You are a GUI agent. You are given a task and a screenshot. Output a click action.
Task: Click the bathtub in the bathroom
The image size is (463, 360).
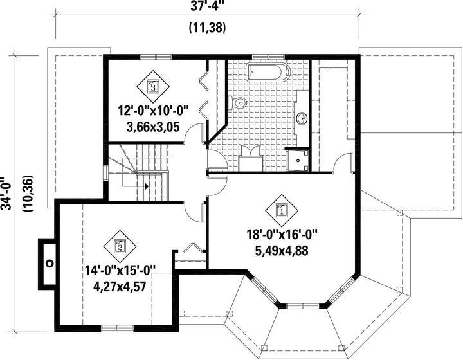[268, 71]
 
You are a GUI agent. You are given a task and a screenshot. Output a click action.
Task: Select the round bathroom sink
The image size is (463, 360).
[302, 119]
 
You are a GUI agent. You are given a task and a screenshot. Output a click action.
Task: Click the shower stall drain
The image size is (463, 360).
[298, 161]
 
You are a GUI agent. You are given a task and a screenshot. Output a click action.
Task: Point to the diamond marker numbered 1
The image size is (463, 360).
[282, 211]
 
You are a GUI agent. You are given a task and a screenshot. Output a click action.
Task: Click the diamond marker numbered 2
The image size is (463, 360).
[120, 246]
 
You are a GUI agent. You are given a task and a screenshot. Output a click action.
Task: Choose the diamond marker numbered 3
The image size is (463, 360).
[153, 86]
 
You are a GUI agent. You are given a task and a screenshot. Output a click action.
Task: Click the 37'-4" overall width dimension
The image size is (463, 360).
[208, 6]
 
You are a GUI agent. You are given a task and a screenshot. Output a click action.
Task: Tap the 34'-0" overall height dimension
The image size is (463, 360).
[6, 194]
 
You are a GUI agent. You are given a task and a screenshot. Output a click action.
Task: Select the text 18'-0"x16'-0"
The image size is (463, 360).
[282, 235]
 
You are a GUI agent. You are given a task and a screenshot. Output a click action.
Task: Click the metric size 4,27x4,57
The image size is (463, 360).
[120, 286]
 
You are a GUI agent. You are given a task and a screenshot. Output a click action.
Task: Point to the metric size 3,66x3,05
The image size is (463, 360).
[153, 127]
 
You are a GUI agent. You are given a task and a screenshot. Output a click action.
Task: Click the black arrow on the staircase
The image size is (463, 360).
[146, 186]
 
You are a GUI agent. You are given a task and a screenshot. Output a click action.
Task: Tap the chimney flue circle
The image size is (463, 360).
[50, 263]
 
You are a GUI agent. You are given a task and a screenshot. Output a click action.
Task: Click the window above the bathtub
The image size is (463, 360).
[268, 57]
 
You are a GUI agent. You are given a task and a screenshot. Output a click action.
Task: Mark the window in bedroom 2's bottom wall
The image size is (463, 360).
[117, 328]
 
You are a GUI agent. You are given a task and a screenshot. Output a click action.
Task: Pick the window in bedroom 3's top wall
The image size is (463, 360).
[156, 57]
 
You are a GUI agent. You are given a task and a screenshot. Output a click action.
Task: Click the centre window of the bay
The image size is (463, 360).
[303, 306]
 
